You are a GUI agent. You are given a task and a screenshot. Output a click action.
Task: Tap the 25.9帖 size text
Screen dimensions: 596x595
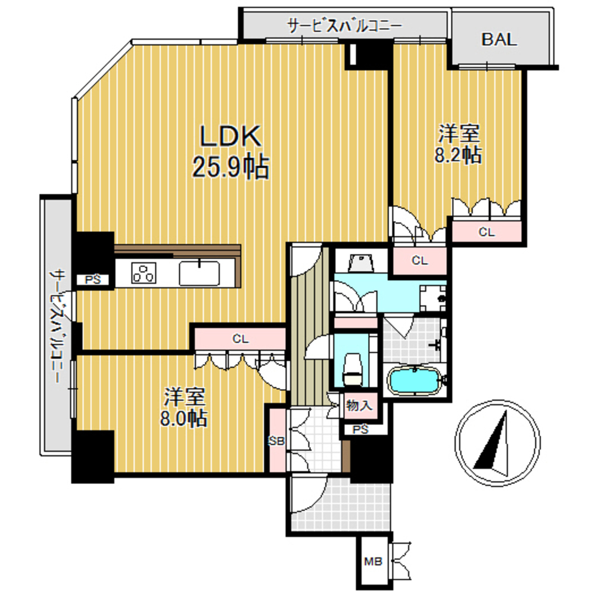click(230, 167)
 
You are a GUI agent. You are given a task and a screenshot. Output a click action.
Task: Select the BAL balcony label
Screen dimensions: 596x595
click(499, 40)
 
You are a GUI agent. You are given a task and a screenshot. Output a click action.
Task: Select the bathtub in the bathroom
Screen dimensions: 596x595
click(414, 381)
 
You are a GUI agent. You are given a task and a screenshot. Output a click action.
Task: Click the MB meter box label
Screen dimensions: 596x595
click(373, 561)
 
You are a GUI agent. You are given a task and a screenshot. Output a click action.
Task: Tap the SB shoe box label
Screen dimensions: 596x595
click(276, 441)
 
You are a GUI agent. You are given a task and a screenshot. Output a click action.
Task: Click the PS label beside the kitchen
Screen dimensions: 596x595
click(92, 279)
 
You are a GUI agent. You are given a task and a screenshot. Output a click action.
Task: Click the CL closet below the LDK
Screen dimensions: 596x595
click(240, 340)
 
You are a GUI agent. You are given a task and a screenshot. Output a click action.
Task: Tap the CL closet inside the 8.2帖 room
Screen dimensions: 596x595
click(487, 232)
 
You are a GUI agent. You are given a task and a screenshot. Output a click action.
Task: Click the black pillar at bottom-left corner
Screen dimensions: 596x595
click(92, 455)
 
